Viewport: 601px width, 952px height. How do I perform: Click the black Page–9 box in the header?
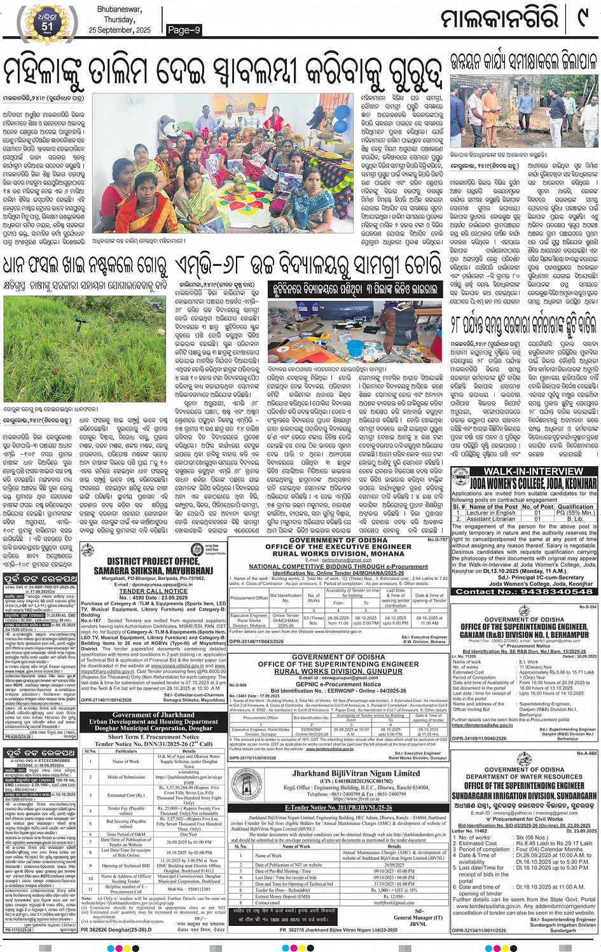(x=184, y=30)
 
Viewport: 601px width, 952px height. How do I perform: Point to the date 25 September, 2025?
(x=120, y=30)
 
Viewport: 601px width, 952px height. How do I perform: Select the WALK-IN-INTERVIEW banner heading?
(x=524, y=471)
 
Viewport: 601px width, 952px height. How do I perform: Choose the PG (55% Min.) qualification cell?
(x=574, y=513)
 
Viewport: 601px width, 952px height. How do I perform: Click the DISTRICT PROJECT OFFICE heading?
(x=153, y=562)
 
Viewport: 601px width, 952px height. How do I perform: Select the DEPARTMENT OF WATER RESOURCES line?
(x=524, y=776)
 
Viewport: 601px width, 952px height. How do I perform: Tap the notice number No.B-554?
(x=587, y=607)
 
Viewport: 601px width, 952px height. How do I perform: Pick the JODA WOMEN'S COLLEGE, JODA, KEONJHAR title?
(x=524, y=483)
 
